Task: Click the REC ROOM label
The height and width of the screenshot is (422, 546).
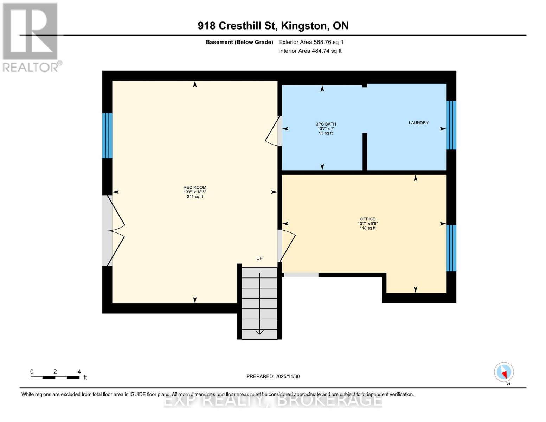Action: click(195, 187)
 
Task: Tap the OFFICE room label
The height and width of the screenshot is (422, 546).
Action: click(367, 219)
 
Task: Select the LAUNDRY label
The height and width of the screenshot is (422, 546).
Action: click(418, 123)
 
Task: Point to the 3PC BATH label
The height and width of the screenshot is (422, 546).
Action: click(326, 124)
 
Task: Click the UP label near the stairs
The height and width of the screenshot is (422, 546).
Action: click(259, 258)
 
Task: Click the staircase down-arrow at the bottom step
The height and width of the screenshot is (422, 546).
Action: click(259, 332)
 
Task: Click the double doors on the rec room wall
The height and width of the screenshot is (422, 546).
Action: click(115, 231)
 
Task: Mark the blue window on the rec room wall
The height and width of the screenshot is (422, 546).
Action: click(107, 135)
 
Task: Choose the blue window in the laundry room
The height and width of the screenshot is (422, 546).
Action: click(451, 125)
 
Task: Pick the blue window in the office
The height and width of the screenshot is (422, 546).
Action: click(451, 248)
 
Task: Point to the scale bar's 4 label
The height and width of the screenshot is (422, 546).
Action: click(79, 372)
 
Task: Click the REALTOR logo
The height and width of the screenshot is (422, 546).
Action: click(31, 37)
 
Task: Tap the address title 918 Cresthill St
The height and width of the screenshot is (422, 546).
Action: click(273, 26)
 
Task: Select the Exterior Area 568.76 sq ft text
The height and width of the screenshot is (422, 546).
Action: click(311, 42)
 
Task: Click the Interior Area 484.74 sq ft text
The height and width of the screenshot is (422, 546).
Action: click(310, 51)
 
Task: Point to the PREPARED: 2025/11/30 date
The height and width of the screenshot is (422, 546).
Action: click(273, 376)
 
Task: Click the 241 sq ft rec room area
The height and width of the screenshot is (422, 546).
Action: click(195, 197)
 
